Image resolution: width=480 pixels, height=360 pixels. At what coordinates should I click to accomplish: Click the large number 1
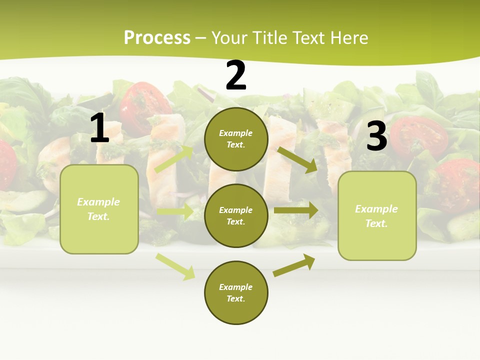(x=99, y=128)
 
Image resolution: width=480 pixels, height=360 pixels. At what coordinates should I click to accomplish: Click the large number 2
(x=236, y=75)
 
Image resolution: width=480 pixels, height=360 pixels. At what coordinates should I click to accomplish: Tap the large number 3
(x=376, y=136)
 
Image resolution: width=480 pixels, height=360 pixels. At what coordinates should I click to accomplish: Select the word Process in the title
(x=157, y=37)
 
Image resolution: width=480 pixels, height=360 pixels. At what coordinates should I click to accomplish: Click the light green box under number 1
(x=99, y=209)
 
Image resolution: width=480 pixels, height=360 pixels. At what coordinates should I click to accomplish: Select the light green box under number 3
(x=377, y=216)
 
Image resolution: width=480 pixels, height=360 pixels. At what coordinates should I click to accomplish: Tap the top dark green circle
(x=236, y=139)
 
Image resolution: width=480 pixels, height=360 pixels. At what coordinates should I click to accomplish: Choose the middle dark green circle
(x=236, y=215)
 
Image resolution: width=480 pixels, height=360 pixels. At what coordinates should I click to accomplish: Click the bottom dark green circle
(x=236, y=292)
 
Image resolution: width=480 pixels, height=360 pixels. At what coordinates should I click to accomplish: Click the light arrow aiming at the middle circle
(x=175, y=212)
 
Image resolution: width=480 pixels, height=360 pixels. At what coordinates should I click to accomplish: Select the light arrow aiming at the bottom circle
(x=175, y=266)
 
